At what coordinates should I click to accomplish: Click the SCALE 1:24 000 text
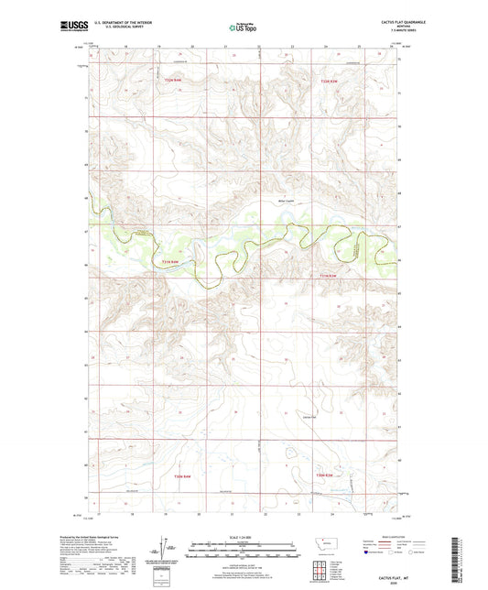tap(243, 537)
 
